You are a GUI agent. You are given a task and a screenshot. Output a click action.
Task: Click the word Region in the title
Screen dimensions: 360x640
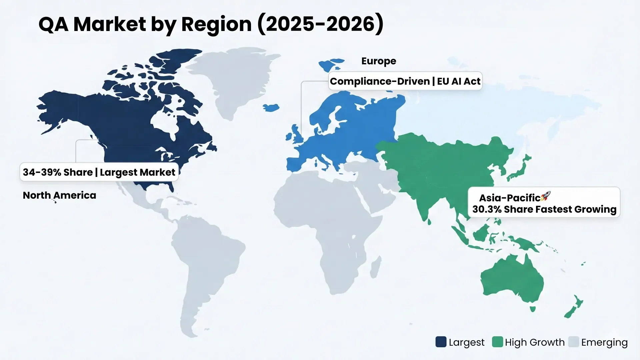pos(216,25)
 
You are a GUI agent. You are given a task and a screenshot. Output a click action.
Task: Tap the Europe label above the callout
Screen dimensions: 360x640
pos(379,61)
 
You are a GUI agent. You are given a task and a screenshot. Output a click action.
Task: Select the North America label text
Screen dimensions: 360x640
pos(59,195)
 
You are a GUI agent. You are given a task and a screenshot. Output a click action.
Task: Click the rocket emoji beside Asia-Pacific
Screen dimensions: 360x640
pos(546,196)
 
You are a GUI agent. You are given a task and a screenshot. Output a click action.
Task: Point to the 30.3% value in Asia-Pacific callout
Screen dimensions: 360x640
pos(487,209)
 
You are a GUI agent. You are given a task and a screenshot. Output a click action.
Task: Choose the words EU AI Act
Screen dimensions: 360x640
pos(459,81)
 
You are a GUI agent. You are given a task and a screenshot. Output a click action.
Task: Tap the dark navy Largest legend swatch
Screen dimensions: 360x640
pos(441,342)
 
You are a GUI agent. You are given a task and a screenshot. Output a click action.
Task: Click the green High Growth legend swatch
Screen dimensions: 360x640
pos(497,342)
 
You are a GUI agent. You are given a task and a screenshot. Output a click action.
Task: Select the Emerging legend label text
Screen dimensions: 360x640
pos(604,342)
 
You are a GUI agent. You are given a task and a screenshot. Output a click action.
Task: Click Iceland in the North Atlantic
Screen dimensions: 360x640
pos(271,108)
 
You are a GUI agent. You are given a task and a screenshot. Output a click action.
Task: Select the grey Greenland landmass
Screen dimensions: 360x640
pos(233,77)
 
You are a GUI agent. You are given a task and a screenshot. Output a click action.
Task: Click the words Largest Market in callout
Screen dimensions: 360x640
pos(137,172)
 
